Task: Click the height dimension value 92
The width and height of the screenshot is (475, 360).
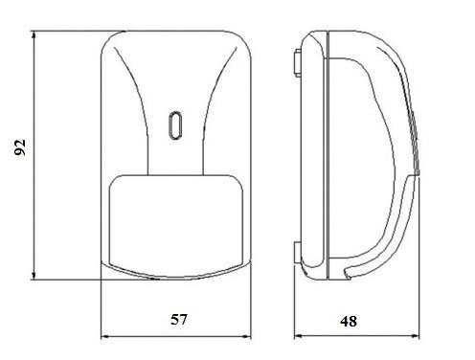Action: coord(20,147)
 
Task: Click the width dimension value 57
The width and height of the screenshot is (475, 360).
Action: coord(179,319)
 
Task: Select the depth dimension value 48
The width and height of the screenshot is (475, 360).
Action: coord(349,321)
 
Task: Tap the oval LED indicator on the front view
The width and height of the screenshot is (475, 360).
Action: coord(174,125)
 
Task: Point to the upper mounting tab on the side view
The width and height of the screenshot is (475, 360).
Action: coord(297,63)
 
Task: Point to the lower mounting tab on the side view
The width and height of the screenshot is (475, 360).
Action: coord(297,253)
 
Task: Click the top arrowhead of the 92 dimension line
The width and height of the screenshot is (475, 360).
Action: coord(34,35)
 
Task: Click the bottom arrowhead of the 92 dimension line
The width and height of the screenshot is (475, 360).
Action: coord(34,275)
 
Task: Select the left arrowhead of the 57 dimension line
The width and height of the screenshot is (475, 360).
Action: coord(105,336)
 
